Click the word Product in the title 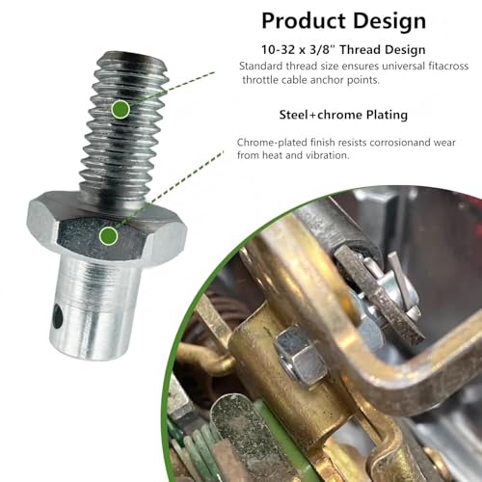[304, 21]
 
